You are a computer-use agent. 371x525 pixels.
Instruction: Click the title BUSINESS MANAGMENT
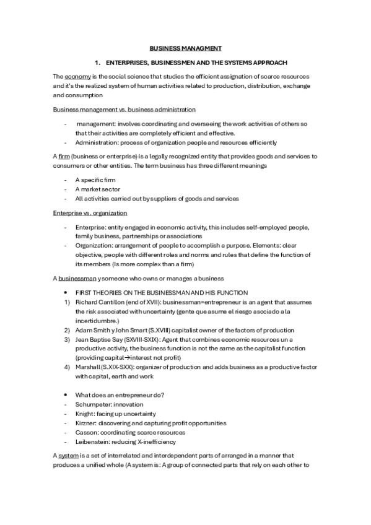point(186,48)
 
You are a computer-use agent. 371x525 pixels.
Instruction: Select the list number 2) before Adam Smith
point(67,330)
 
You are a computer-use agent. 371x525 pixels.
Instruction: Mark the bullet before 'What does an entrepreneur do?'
point(66,395)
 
